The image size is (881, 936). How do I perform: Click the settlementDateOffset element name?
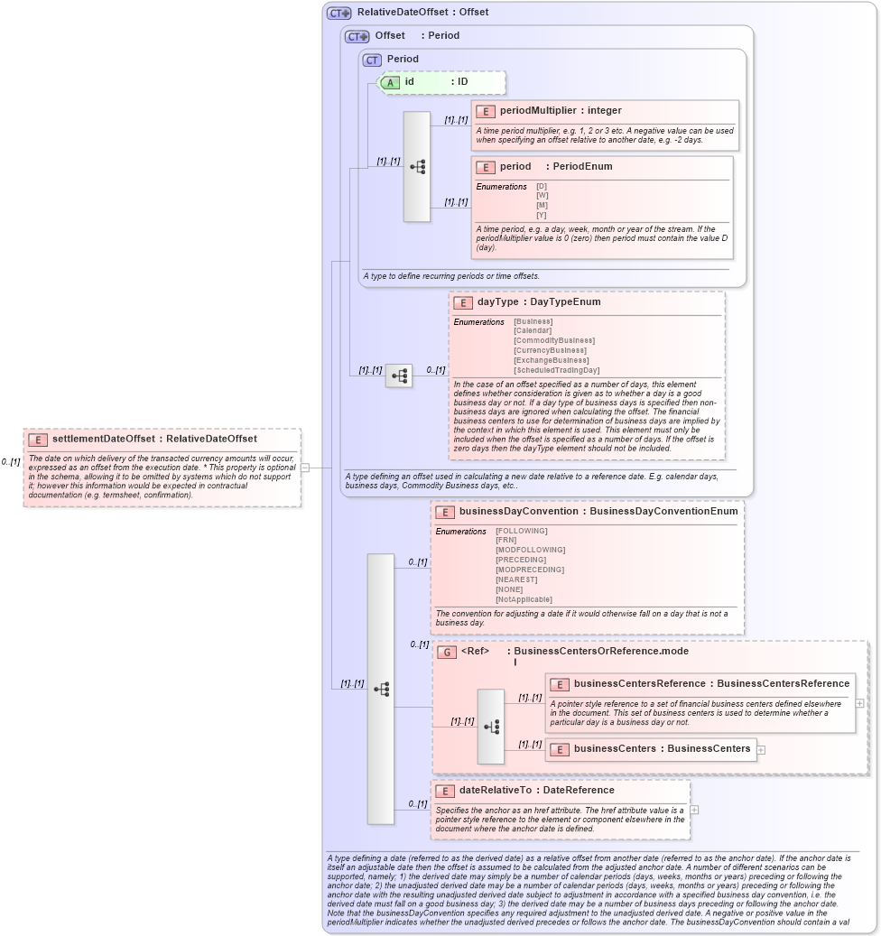pyautogui.click(x=103, y=439)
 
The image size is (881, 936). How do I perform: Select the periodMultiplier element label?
pyautogui.click(x=537, y=111)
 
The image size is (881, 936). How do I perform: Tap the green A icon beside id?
pyautogui.click(x=390, y=82)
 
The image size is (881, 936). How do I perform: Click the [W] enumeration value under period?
pyautogui.click(x=542, y=195)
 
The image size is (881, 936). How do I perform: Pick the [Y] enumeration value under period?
pyautogui.click(x=542, y=215)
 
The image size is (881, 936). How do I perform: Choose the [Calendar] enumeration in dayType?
pyautogui.click(x=533, y=330)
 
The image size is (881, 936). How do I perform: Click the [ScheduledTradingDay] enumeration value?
pyautogui.click(x=556, y=370)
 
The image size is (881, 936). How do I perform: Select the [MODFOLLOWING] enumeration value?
pyautogui.click(x=530, y=550)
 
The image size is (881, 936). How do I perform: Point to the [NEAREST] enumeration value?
pyautogui.click(x=516, y=579)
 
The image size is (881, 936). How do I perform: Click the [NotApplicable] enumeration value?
pyautogui.click(x=524, y=599)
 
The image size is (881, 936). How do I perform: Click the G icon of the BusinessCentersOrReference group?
pyautogui.click(x=446, y=652)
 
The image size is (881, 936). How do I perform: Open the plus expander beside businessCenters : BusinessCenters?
pyautogui.click(x=762, y=749)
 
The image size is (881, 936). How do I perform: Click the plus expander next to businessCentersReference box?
pyautogui.click(x=859, y=702)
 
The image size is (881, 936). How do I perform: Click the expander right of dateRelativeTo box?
pyautogui.click(x=694, y=810)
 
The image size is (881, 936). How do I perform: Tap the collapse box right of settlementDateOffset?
pyautogui.click(x=305, y=468)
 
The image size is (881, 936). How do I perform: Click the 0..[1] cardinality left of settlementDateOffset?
pyautogui.click(x=11, y=461)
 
